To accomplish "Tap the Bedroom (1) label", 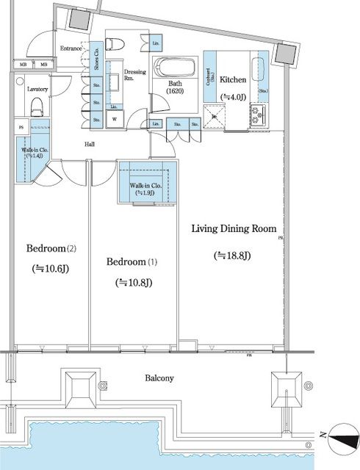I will tap(132, 262).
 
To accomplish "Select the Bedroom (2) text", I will tap(51, 247).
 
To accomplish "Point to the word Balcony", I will tap(159, 378).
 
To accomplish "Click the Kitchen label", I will tap(234, 79).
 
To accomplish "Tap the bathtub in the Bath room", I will tap(175, 69).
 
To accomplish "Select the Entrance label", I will tap(71, 48).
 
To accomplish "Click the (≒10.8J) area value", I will tap(134, 283).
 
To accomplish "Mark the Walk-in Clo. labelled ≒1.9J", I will tap(146, 185).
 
